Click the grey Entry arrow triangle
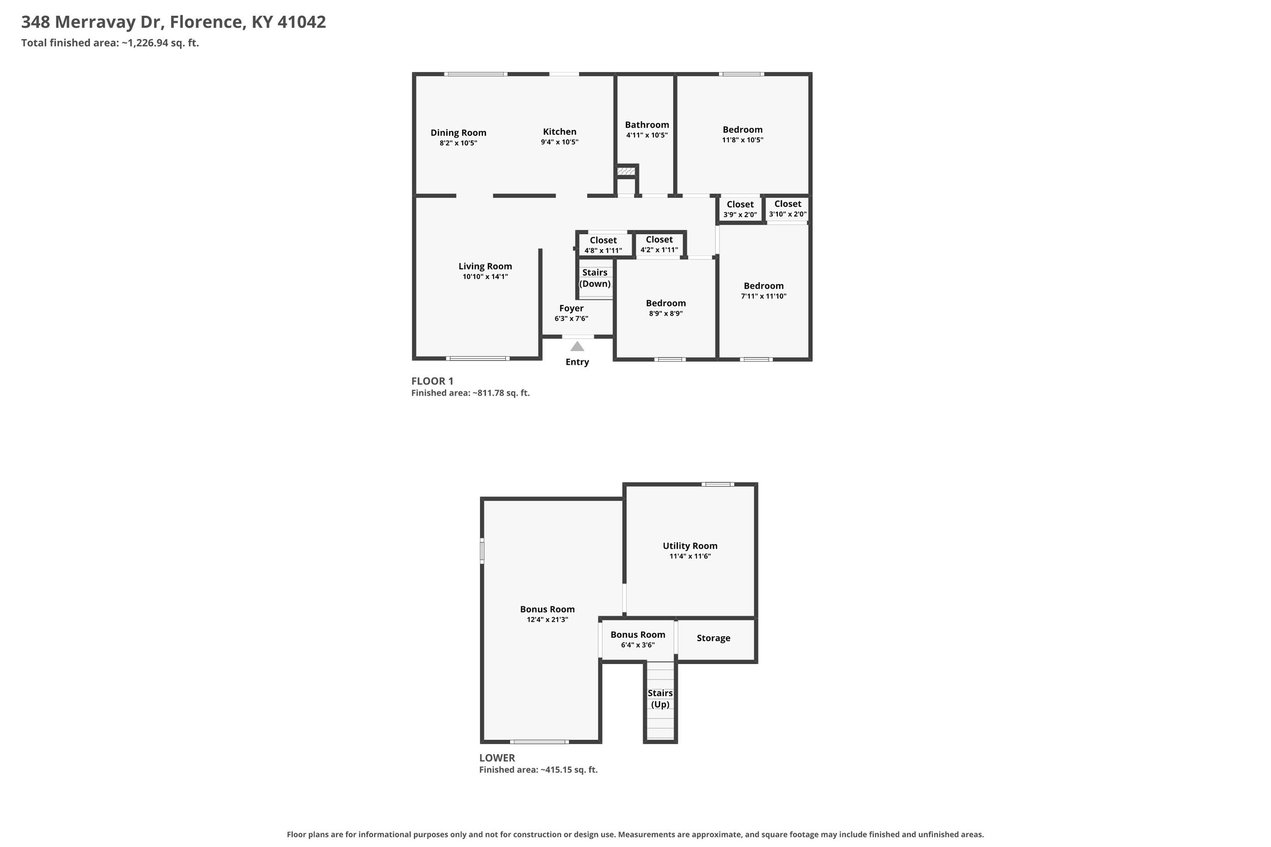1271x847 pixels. coord(577,346)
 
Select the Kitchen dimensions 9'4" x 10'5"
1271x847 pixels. coord(559,142)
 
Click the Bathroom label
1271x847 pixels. coord(647,125)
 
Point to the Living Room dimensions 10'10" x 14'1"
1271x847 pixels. coord(486,276)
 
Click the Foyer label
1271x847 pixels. coord(571,308)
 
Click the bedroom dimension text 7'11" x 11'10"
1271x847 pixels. coord(764,296)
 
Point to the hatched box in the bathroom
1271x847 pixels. coord(626,171)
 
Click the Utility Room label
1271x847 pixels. coord(690,546)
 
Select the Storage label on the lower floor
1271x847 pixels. coord(713,638)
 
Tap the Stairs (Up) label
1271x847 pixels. coord(660,699)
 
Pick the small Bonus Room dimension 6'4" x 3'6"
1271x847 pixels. coord(638,645)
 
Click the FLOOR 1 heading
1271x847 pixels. coord(432,381)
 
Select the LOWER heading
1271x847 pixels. coord(497,758)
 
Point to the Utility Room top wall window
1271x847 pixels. coord(718,484)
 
